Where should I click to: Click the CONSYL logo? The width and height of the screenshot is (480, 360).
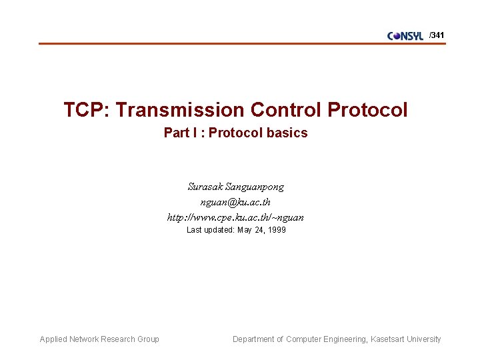coord(405,36)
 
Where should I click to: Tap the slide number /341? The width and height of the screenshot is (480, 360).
coord(437,35)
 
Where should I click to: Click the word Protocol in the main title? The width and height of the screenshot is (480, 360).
coord(368,110)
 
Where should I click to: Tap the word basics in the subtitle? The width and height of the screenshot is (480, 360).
coord(287,133)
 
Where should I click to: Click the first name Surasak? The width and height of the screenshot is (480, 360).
coord(205,187)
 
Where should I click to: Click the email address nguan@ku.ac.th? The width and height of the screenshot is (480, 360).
coord(235,202)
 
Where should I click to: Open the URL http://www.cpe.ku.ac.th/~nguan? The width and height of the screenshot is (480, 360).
coord(235,217)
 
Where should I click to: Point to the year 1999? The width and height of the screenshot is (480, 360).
coord(275,230)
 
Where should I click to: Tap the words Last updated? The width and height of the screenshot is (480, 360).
coord(209,230)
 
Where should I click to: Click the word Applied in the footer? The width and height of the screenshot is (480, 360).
coord(54,339)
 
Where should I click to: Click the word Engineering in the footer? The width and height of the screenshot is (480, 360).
coord(342,339)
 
